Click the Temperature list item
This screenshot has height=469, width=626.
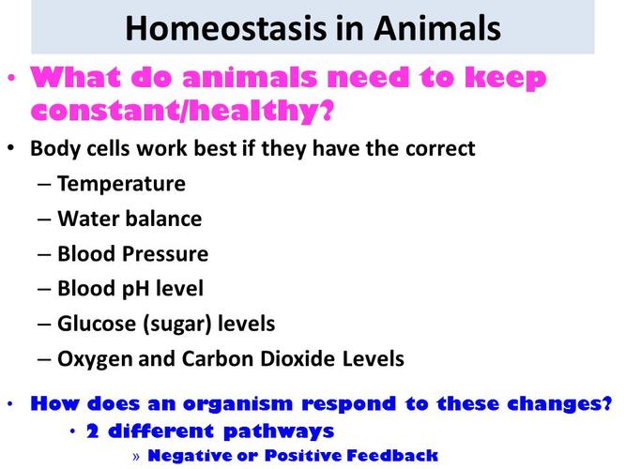121,184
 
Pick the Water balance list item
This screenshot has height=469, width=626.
130,219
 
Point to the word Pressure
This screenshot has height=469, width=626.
165,254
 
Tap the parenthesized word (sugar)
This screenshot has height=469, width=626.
175,324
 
